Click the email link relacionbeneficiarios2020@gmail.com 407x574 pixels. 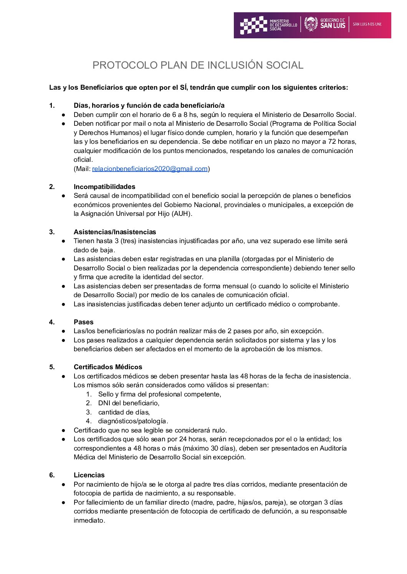[x=150, y=169]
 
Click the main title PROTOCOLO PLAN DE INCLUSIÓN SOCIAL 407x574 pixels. [x=198, y=65]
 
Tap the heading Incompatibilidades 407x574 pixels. [x=104, y=187]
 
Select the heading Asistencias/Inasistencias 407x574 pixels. [x=115, y=232]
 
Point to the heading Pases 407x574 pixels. [x=83, y=322]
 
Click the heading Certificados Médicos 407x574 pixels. [x=108, y=367]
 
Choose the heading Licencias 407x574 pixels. [x=89, y=475]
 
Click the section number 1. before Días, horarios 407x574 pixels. [x=52, y=105]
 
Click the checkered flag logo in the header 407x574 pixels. [x=253, y=25]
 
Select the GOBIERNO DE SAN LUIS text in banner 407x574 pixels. [x=333, y=23]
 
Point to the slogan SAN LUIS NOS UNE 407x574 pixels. [x=367, y=24]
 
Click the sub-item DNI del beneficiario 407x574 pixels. [x=129, y=403]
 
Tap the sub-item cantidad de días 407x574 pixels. [x=124, y=412]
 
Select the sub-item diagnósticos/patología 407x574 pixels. [x=133, y=421]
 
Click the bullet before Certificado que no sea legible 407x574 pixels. [x=63, y=430]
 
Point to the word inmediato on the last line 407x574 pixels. [x=89, y=520]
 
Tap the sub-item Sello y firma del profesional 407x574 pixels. [x=159, y=394]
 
